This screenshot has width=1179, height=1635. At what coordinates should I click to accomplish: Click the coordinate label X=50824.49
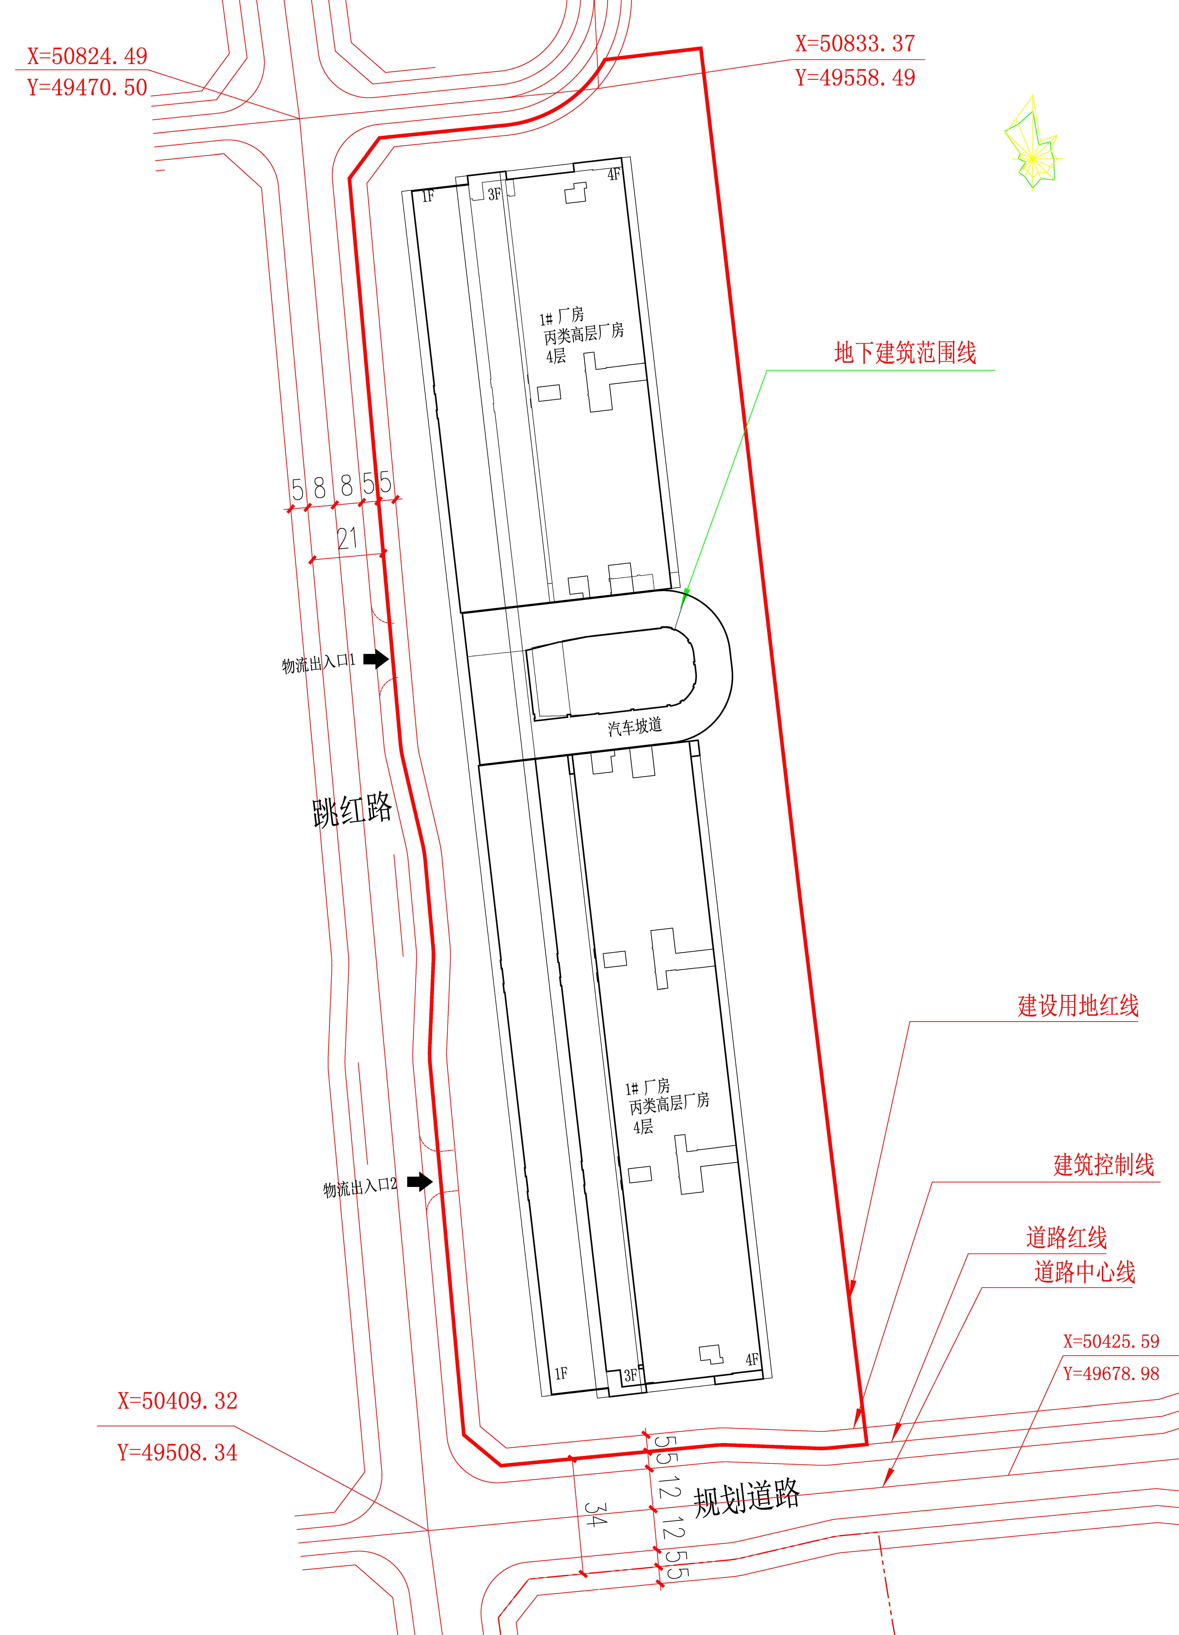pos(87,56)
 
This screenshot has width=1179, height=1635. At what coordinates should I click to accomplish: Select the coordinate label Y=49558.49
pos(855,78)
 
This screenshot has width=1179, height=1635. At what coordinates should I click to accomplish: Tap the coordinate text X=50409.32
pos(177,1401)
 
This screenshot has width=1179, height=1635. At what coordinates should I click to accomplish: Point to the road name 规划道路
pos(746,1498)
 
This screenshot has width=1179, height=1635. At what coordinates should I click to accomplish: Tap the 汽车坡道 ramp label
pos(635,727)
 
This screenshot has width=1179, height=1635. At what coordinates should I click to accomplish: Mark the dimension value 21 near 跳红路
pos(347,538)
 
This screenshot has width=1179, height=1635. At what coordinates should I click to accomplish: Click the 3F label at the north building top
pos(494,194)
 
